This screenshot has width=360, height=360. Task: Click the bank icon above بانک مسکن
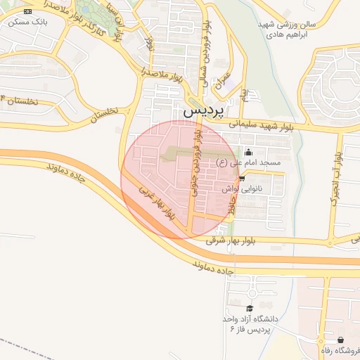[27, 12]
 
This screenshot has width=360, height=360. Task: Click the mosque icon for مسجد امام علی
[247, 153]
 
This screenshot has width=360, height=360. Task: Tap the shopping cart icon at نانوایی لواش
[243, 179]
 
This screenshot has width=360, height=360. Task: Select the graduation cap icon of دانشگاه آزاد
[249, 308]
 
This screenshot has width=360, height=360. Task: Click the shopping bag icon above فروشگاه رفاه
[341, 340]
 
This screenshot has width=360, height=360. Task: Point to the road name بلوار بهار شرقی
[234, 240]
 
